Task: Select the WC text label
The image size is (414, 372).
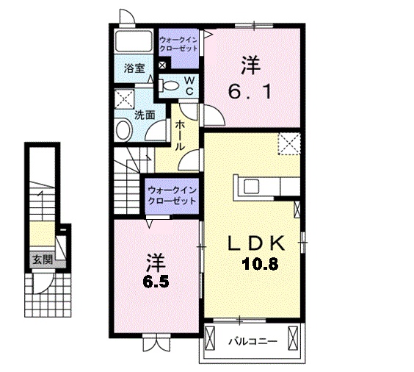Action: click(x=189, y=85)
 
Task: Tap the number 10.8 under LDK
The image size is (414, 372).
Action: click(x=261, y=264)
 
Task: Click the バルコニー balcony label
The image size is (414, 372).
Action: click(x=251, y=342)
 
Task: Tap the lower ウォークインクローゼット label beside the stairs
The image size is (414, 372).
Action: click(x=172, y=195)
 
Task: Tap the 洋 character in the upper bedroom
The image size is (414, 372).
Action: click(x=251, y=65)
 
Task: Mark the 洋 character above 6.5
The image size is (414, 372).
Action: click(x=155, y=261)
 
